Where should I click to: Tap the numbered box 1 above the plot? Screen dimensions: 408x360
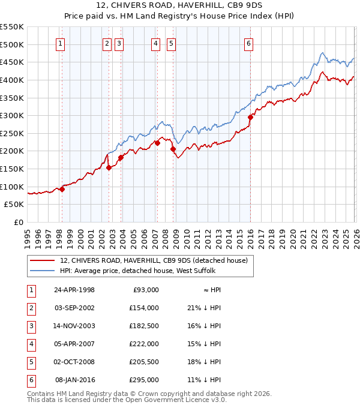61,43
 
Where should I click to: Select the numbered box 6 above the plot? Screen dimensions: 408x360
248,43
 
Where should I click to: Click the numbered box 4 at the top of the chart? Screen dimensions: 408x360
155,43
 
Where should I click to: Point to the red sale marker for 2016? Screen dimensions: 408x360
250,118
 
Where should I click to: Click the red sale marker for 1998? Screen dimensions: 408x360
62,189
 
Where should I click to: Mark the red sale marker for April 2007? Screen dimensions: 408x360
157,143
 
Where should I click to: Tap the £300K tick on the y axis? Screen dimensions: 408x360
13,115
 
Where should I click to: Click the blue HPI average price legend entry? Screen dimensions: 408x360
144,271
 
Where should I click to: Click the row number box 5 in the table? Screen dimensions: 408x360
31,362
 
